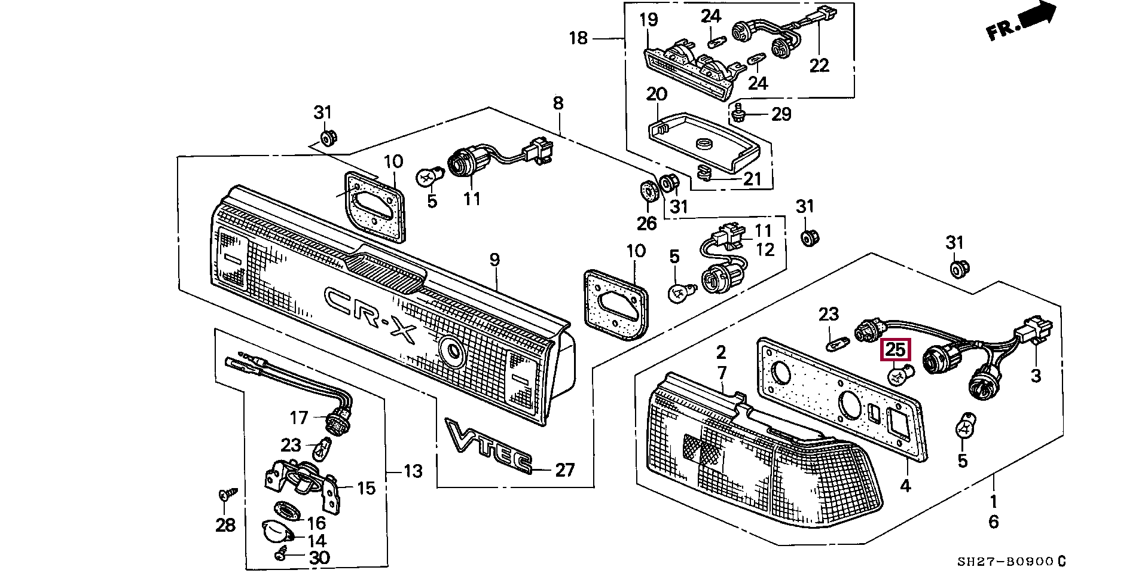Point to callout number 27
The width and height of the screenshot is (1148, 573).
click(x=564, y=470)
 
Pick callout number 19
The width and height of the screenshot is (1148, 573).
click(x=649, y=20)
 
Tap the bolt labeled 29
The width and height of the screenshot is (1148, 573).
click(x=738, y=112)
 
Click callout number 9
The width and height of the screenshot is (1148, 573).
click(x=494, y=260)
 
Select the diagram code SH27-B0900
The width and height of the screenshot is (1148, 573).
click(x=1004, y=562)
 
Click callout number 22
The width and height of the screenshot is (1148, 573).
click(x=819, y=65)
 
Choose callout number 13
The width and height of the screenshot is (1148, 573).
click(x=413, y=471)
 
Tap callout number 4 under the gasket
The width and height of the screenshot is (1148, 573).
click(x=905, y=486)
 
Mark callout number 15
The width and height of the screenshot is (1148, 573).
click(x=367, y=488)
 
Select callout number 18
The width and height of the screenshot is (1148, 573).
click(x=578, y=38)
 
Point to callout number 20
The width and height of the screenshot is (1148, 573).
click(x=657, y=94)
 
